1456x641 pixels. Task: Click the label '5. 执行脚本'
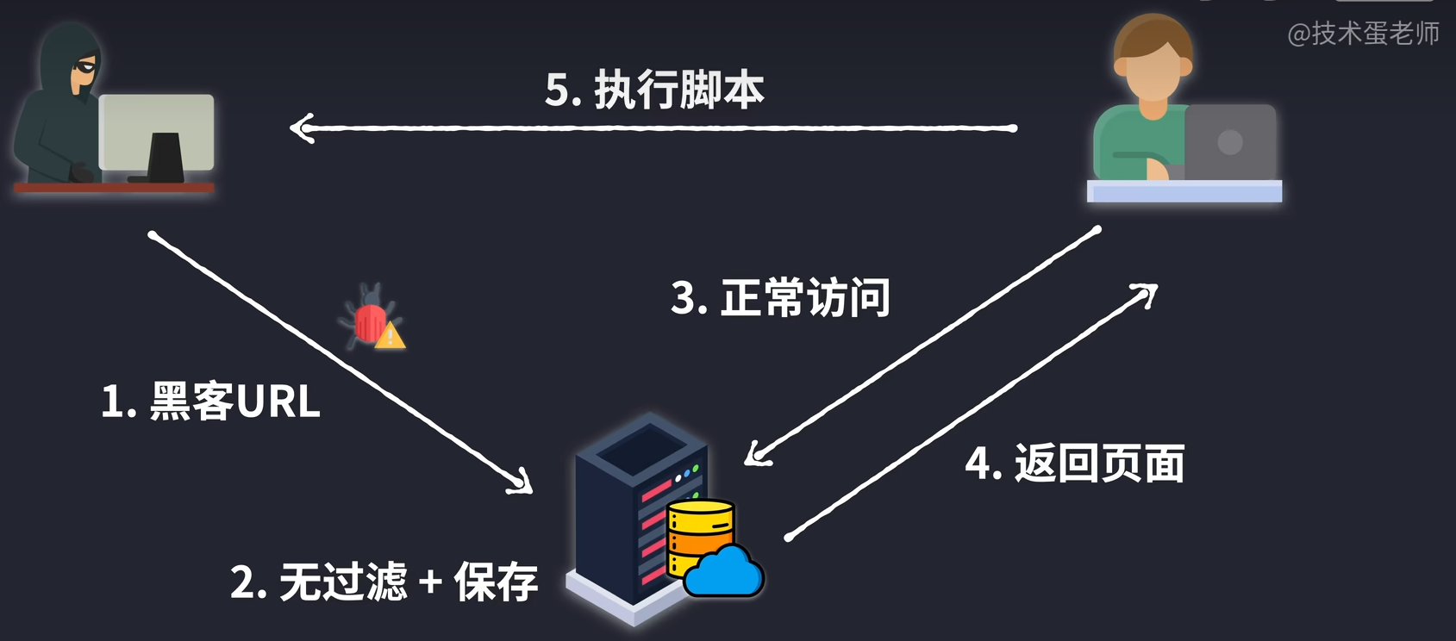pos(654,90)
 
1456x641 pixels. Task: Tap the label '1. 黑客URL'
pos(210,401)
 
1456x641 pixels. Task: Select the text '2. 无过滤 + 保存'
pos(384,582)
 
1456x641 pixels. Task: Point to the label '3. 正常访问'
pos(780,298)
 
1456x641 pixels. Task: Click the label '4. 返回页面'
pos(1074,464)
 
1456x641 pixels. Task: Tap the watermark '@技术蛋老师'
pos(1363,34)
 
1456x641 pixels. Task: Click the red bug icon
pos(369,316)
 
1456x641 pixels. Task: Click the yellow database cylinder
pos(699,526)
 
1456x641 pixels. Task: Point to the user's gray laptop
pos(1230,142)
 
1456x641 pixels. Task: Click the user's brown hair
pos(1153,34)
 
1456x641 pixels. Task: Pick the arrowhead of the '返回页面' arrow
pos(1149,293)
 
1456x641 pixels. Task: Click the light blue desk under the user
pos(1184,191)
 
